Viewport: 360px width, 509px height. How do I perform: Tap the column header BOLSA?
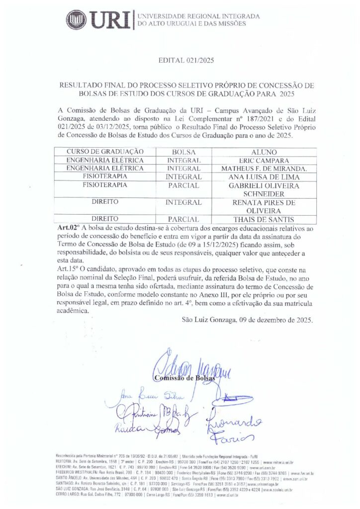point(183,151)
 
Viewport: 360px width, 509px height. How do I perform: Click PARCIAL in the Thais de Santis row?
point(183,219)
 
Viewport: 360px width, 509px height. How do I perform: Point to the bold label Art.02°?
point(70,227)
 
